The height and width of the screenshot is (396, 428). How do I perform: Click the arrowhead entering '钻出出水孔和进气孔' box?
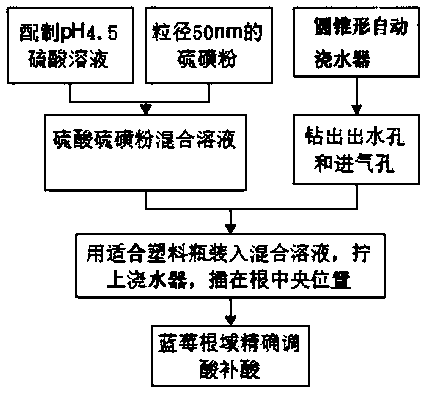[358, 109]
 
